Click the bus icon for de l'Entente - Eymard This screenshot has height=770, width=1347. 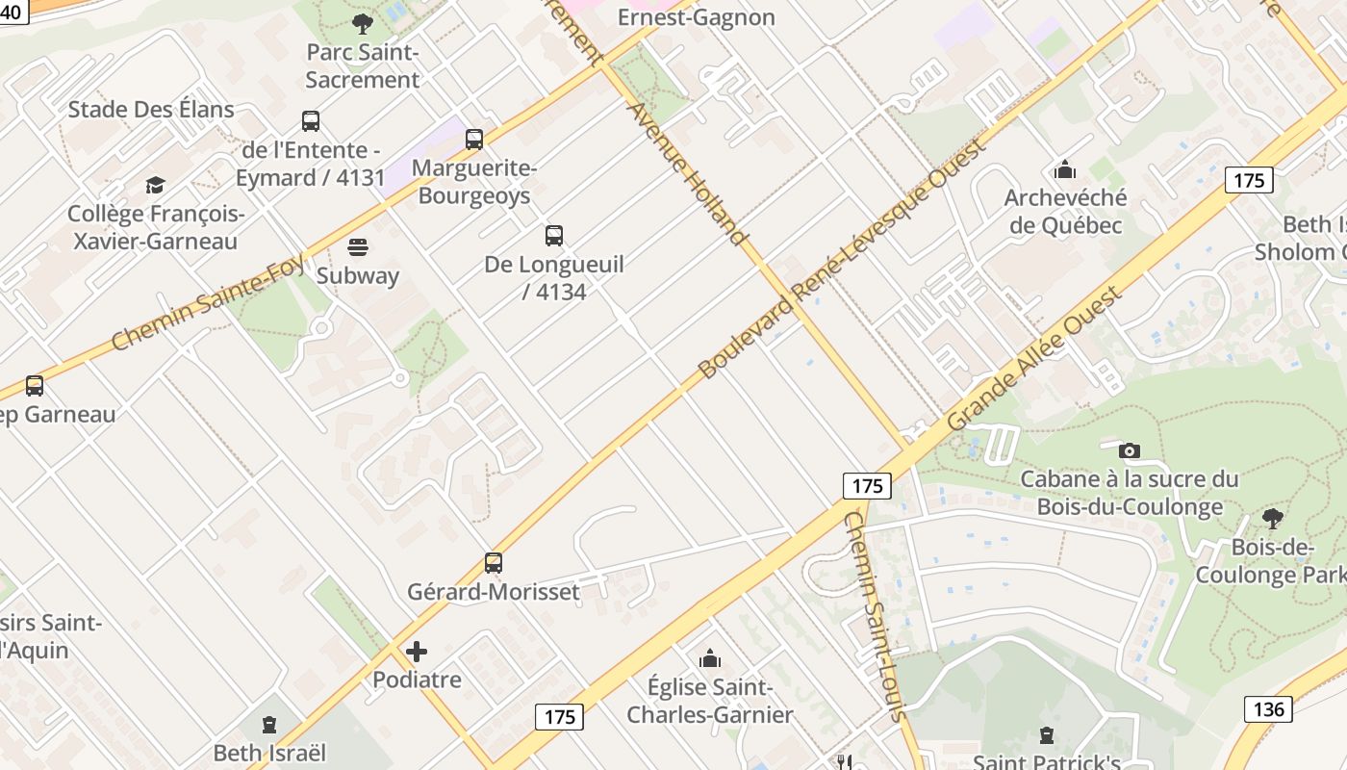coord(311,121)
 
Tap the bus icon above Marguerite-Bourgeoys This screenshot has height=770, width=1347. coord(474,140)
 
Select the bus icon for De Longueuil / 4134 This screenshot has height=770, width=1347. coord(554,236)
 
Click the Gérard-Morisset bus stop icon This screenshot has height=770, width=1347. coord(494,563)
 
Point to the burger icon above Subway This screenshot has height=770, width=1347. coord(358,247)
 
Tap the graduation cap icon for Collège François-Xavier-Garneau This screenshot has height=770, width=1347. coord(155,185)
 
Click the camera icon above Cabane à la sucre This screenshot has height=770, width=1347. coord(1130,450)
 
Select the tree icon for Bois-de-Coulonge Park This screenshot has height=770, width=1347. coord(1273,519)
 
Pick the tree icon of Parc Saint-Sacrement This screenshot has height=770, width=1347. coord(363,24)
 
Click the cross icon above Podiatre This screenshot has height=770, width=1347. coord(417,652)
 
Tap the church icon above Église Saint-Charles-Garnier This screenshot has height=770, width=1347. coord(710,658)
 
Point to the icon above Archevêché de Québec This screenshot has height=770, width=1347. coord(1064,170)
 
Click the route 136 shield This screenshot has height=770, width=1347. coord(1268,709)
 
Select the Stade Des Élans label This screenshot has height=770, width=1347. coord(151,109)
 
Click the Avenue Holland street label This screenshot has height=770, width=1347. coord(687,173)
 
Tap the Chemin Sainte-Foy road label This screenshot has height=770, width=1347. coord(208,303)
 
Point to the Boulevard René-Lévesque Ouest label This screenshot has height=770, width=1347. coord(842,259)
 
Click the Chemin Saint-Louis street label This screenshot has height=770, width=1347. coord(875,616)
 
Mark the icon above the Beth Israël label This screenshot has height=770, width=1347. coord(269,725)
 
